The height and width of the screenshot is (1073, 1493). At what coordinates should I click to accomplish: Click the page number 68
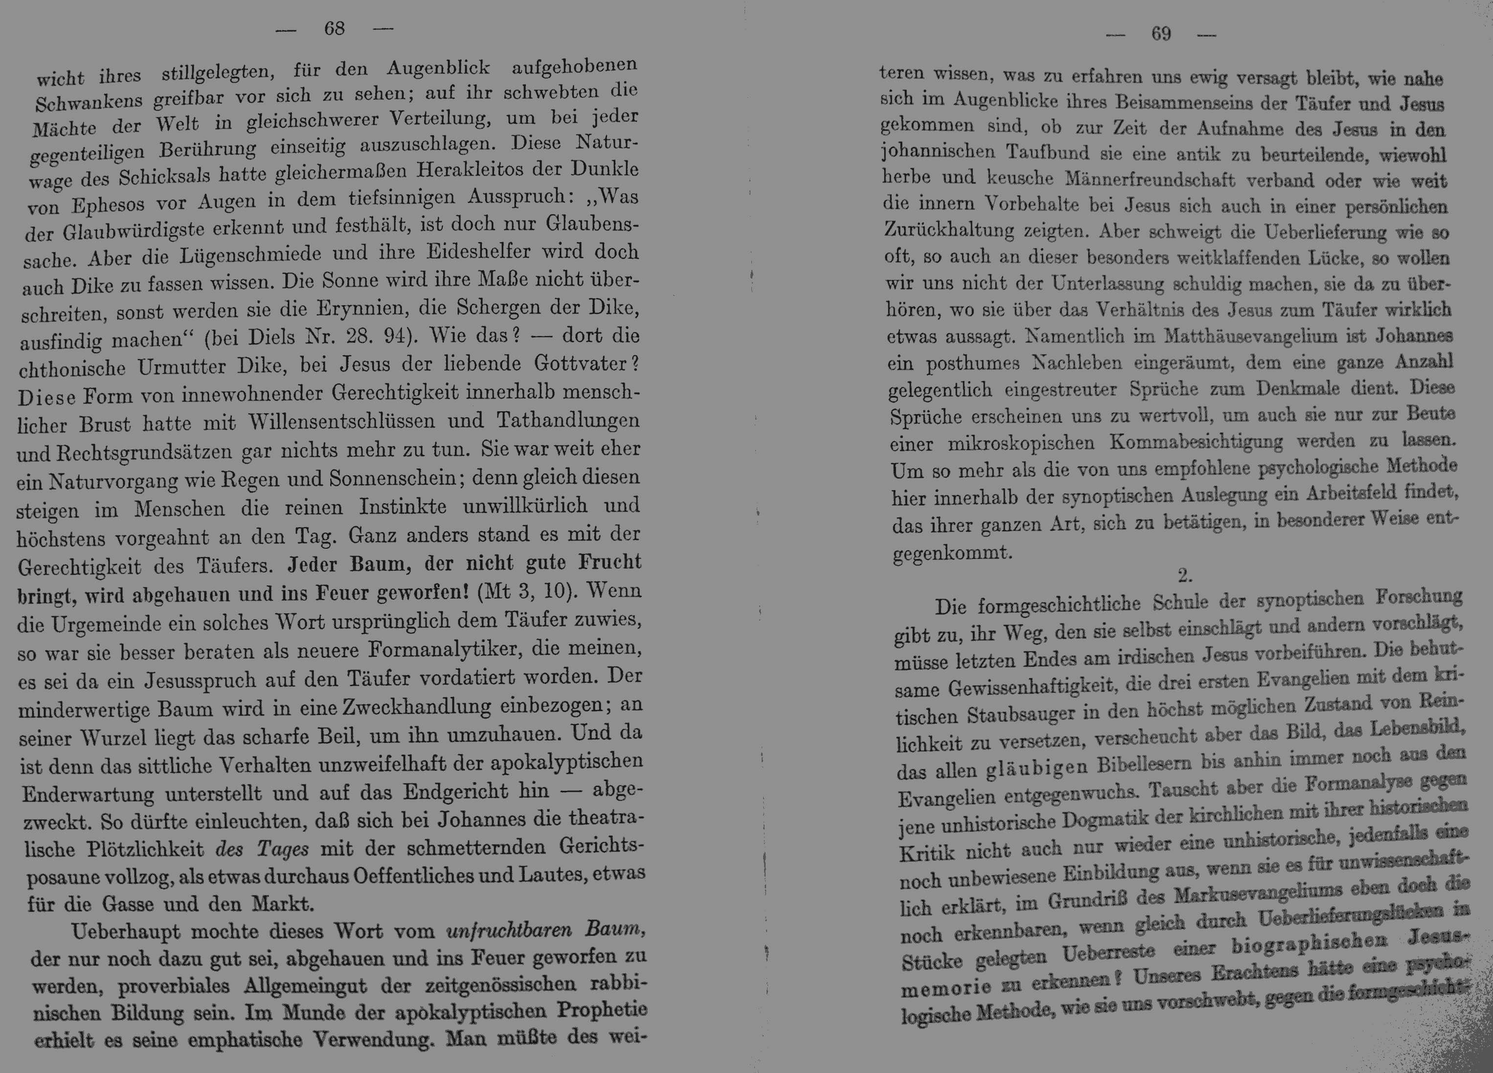click(x=335, y=28)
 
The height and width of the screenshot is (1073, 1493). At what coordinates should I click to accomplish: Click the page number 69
click(x=1161, y=34)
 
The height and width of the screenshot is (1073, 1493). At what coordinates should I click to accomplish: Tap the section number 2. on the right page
click(x=1185, y=576)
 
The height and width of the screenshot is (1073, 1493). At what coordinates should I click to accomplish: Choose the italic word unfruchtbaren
click(x=508, y=931)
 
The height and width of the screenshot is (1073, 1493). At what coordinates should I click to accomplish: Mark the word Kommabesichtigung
click(x=1196, y=442)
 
